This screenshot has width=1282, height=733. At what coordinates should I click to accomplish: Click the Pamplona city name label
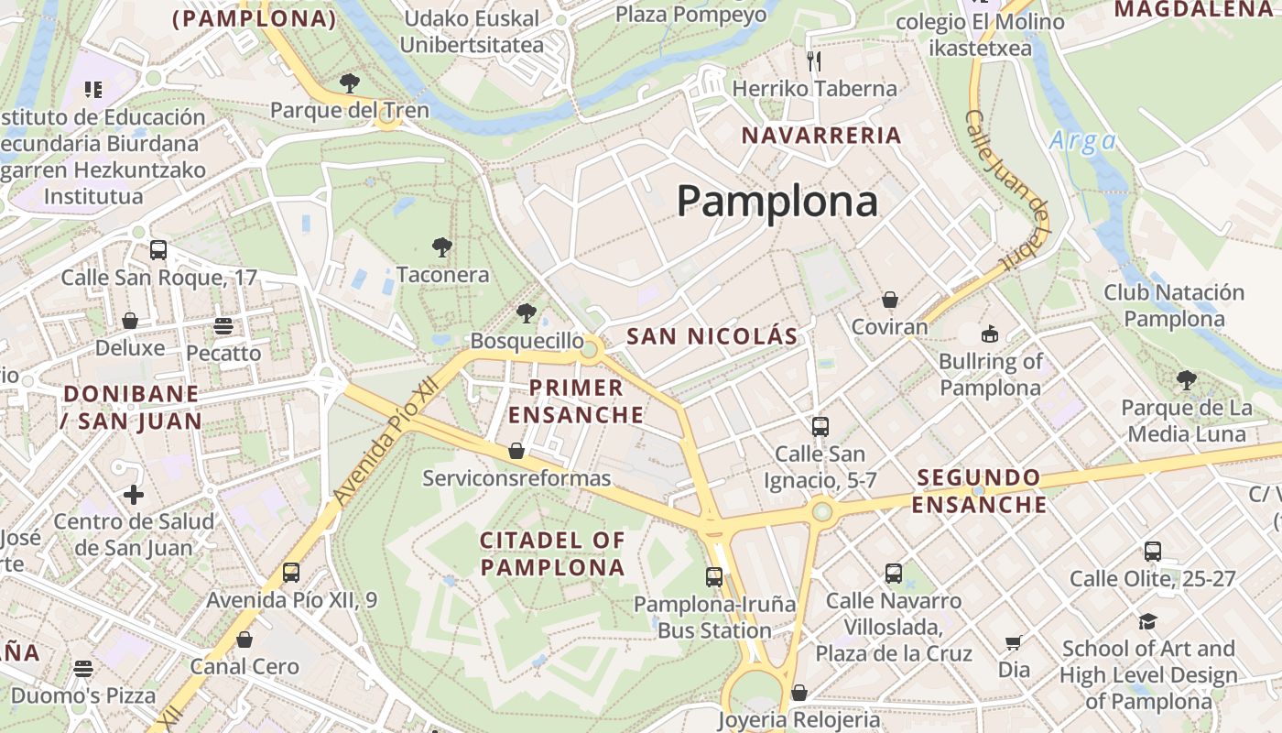tap(777, 201)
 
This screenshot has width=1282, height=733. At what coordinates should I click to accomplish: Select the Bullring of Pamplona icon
tap(989, 334)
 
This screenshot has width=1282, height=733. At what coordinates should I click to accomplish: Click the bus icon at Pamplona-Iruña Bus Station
tap(714, 577)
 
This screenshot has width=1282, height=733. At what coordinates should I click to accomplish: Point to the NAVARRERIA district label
tap(821, 136)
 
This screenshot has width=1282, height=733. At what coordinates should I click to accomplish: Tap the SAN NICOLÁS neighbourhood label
tap(712, 336)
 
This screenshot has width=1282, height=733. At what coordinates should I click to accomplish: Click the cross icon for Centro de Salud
tap(134, 496)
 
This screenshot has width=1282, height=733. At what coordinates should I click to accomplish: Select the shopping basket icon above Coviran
tap(889, 300)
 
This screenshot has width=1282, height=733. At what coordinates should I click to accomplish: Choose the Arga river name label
tap(1082, 141)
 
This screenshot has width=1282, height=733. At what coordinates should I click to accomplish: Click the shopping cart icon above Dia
tap(1014, 643)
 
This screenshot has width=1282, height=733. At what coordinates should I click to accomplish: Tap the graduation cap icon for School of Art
tap(1147, 622)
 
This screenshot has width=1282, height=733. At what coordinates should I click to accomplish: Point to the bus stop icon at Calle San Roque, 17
tap(158, 250)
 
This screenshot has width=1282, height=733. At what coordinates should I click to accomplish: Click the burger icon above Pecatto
tap(223, 326)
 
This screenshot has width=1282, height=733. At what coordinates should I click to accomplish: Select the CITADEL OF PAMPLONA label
tap(553, 553)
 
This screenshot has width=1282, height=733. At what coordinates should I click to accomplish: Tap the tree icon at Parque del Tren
tap(349, 83)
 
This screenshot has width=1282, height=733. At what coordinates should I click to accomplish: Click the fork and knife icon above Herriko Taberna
tap(814, 61)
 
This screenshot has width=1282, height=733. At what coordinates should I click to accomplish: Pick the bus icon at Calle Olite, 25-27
tap(1152, 552)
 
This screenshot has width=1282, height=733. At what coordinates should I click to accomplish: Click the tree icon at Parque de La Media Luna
tap(1187, 379)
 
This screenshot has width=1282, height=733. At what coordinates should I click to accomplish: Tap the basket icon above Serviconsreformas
tap(516, 451)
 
